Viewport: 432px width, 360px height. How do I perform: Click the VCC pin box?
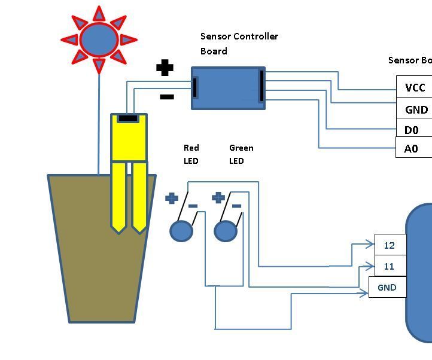(x=414, y=88)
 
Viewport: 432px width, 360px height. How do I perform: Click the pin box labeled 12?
(x=390, y=245)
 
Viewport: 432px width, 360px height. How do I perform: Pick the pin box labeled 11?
(x=390, y=267)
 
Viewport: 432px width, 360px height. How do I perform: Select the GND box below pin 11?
(x=387, y=288)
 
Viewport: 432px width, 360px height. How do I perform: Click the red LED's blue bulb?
(x=181, y=231)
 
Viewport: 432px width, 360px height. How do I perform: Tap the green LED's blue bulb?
(x=226, y=231)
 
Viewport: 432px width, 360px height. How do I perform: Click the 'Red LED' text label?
(x=191, y=154)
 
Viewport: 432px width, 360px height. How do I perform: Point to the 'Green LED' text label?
(x=241, y=154)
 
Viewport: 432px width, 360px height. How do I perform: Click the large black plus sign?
(x=165, y=68)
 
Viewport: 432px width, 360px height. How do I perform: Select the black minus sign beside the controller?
(x=166, y=96)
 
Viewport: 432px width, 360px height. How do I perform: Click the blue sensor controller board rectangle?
(x=228, y=89)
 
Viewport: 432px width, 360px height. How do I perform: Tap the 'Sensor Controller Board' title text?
(x=239, y=44)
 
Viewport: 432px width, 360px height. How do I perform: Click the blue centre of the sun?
(x=99, y=39)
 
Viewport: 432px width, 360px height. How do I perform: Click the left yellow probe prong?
(x=118, y=197)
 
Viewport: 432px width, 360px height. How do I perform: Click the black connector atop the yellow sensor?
(x=127, y=118)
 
